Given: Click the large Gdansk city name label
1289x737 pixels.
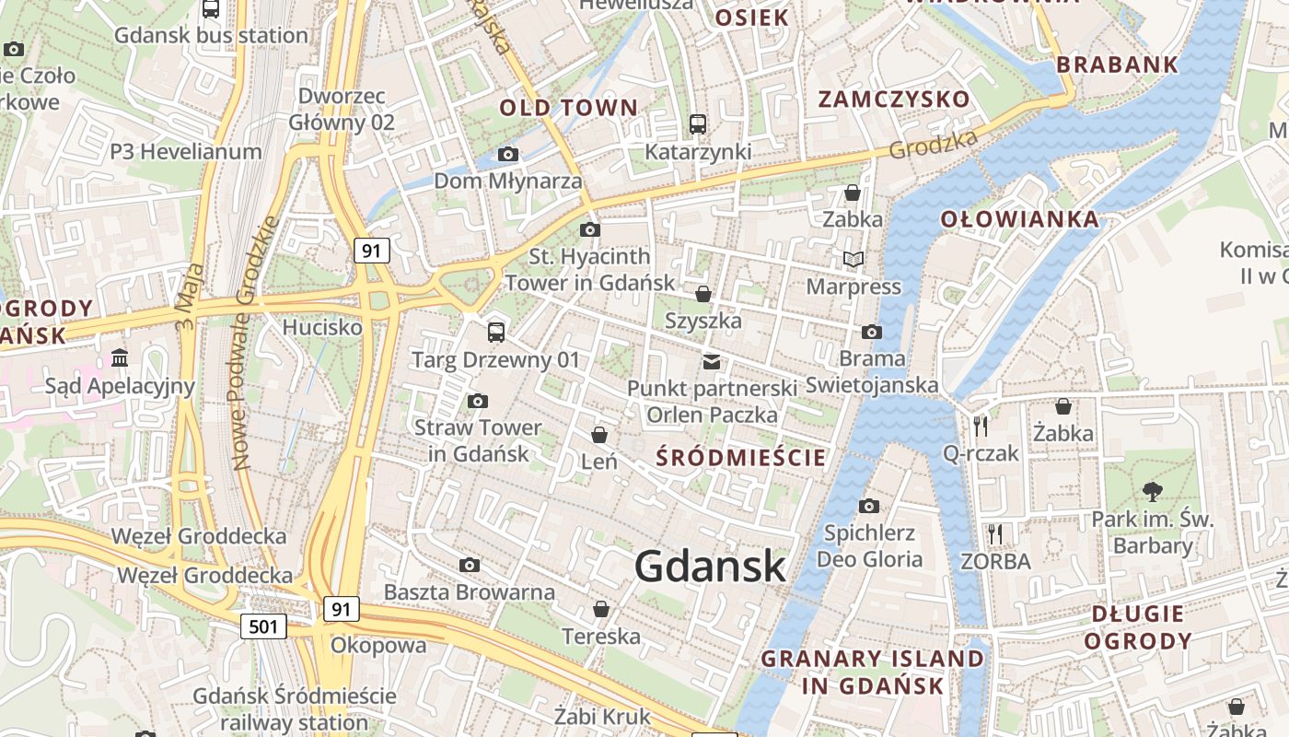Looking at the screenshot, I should coord(710,567).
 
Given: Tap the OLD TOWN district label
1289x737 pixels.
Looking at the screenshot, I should coord(568,108).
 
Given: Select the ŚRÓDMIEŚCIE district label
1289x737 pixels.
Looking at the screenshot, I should coord(740,457).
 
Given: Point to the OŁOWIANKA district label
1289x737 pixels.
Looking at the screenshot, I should coord(1019,219).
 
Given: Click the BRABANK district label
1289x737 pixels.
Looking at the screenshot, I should coord(1117,64).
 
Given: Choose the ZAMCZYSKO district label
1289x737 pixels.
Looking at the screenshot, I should coord(894,99).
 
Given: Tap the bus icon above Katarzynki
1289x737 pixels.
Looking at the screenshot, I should coord(698,123).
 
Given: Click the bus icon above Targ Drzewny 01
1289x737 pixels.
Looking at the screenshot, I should coord(496,332).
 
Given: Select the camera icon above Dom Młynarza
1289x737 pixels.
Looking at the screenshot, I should coord(508,154).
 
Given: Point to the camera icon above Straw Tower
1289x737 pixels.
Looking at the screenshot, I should coord(477,401).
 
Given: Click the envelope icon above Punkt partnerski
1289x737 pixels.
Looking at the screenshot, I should coord(712,361).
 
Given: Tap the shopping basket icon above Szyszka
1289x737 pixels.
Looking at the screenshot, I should coord(703,294).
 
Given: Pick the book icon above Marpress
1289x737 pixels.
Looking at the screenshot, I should coord(854,260).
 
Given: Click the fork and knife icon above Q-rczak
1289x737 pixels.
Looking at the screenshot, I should coord(981,426).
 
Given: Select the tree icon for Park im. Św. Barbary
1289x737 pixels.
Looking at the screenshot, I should coord(1152,492).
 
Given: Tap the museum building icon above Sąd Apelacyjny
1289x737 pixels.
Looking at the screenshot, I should coord(120,357).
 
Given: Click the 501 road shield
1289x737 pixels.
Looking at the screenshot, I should coord(263,627).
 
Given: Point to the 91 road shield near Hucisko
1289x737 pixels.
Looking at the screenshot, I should coord(371,250).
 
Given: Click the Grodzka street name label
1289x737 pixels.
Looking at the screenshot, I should coord(933,145).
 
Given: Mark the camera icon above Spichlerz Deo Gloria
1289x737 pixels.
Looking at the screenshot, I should coord(868,506).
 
